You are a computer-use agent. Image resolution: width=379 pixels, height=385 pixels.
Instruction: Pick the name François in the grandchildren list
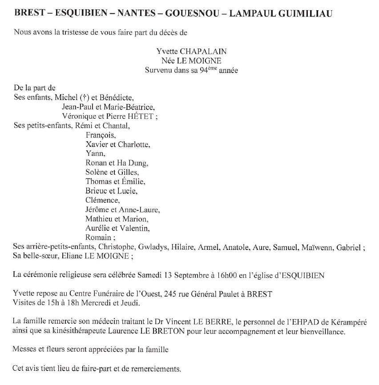tap(100, 135)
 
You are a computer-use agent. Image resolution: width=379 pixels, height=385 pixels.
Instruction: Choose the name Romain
tap(98, 237)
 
